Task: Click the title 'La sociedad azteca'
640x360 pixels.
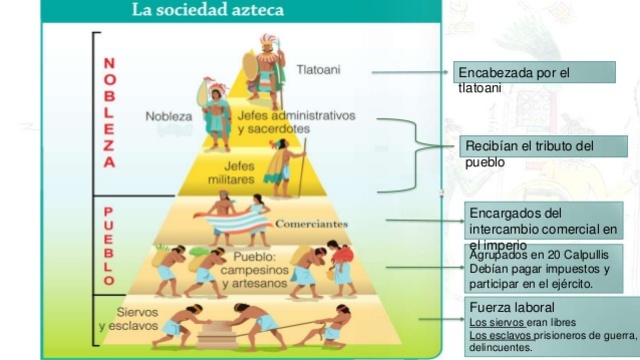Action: click(x=208, y=12)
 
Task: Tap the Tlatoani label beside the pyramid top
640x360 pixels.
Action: click(x=318, y=70)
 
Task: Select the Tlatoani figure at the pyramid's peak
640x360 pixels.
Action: click(x=265, y=70)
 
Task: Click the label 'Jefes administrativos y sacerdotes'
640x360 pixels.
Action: click(x=297, y=122)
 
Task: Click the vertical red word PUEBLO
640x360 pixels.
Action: click(x=108, y=245)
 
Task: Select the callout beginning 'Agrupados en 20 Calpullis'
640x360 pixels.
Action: click(x=545, y=269)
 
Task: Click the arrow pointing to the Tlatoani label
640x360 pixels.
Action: click(x=411, y=72)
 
